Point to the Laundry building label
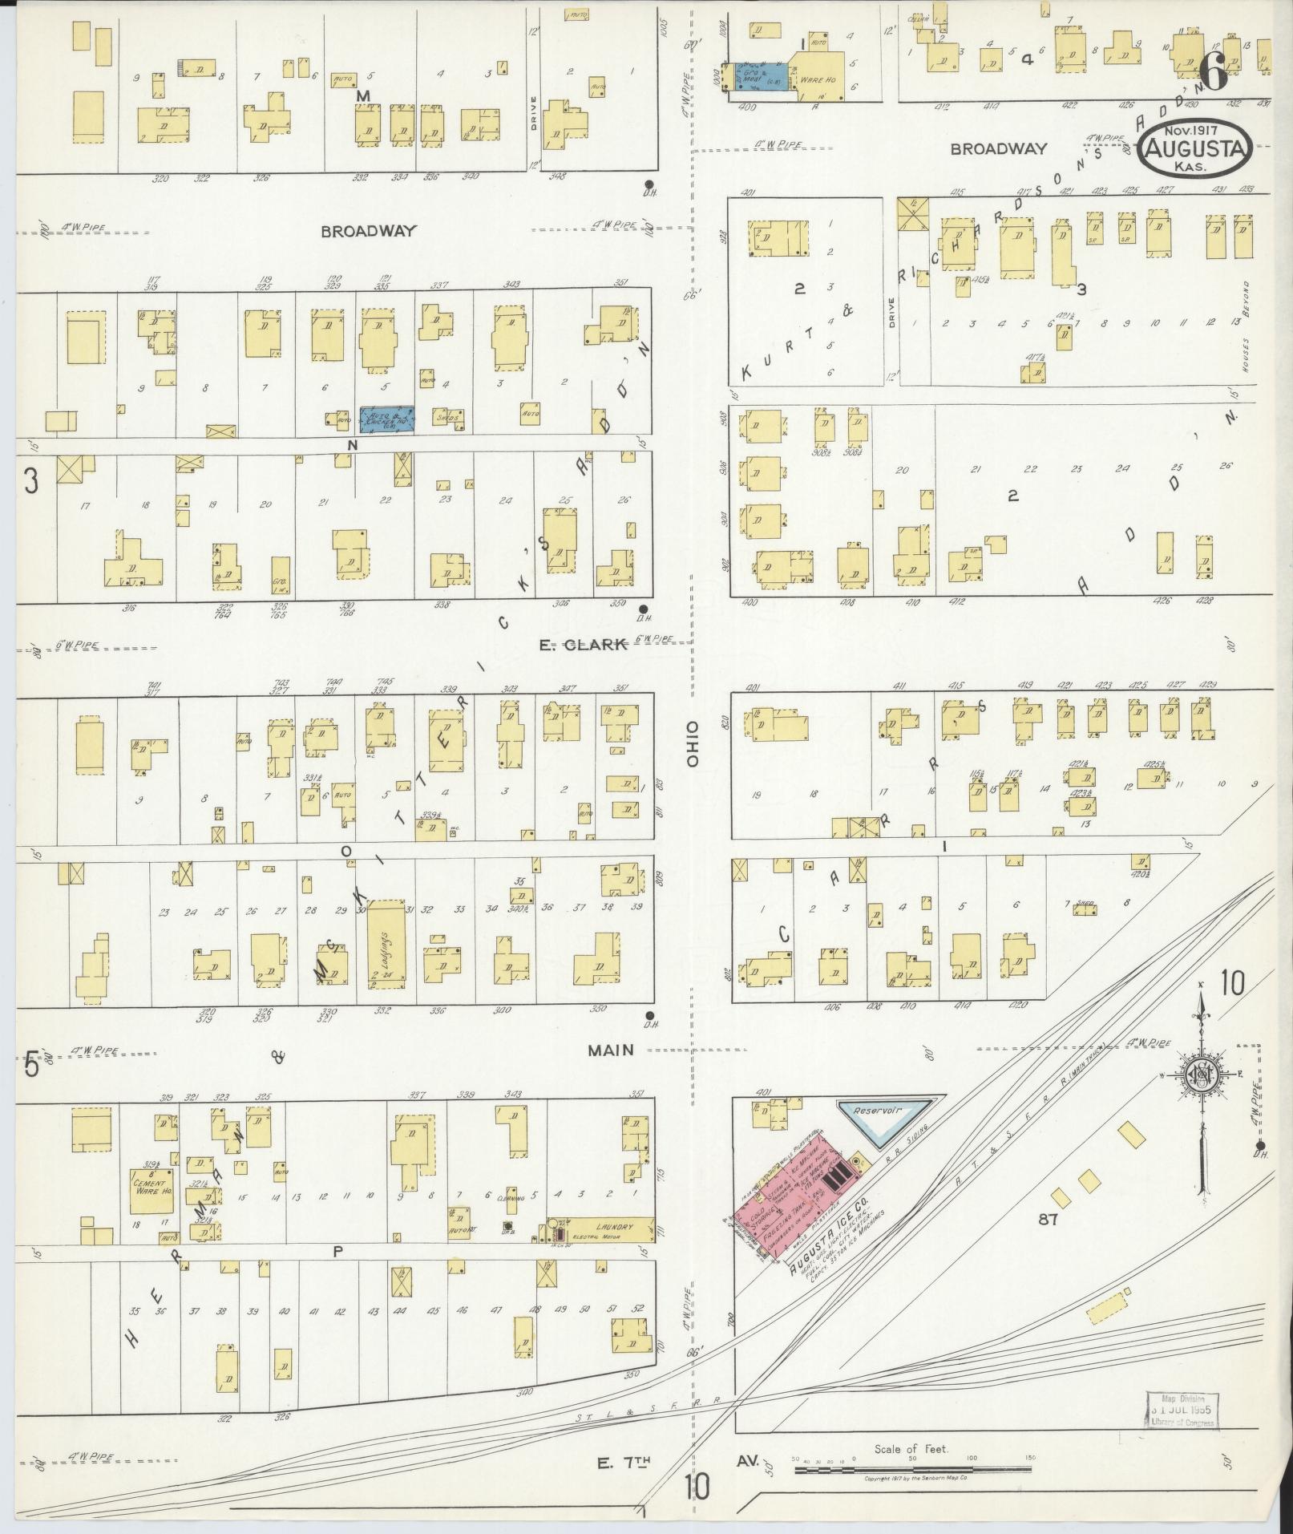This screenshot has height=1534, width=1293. click(613, 1249)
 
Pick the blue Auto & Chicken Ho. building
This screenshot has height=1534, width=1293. click(386, 419)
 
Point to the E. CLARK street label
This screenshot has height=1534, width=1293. click(581, 646)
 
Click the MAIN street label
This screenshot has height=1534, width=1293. click(611, 1050)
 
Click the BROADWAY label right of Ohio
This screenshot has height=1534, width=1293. click(999, 148)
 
